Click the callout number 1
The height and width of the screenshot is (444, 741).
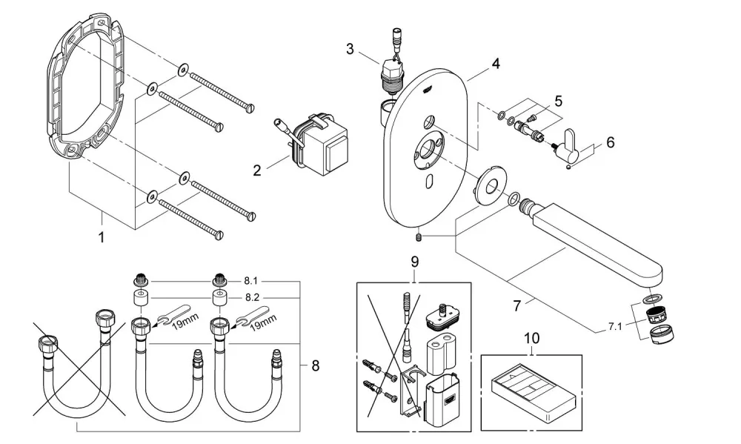coord(101,237)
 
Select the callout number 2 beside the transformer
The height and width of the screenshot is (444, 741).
coord(256,170)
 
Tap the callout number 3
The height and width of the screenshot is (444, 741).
coord(350,49)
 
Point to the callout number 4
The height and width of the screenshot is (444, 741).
coord(495,63)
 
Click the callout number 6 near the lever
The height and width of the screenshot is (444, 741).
coord(610,142)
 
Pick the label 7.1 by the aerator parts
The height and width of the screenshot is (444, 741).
coord(615,326)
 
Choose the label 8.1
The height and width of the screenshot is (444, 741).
coord(250,281)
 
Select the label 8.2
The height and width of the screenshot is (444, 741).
coord(251,298)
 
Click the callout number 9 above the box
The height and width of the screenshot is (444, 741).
coord(414,262)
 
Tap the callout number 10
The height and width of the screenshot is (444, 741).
coord(531,339)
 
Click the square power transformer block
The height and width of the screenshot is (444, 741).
coord(324,143)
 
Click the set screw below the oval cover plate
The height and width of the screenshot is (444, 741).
coord(419,237)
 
